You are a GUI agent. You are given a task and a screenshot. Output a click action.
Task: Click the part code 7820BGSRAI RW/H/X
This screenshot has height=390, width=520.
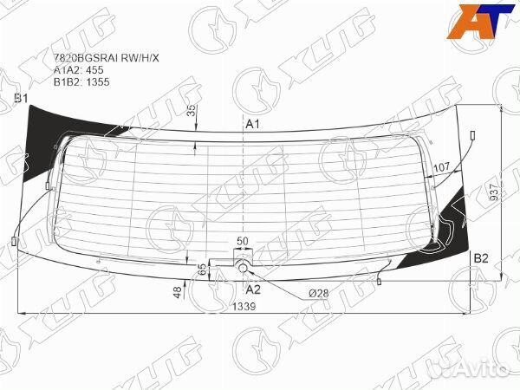pyautogui.click(x=107, y=58)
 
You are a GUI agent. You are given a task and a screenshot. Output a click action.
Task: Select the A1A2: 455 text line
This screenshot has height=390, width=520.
pyautogui.click(x=79, y=70)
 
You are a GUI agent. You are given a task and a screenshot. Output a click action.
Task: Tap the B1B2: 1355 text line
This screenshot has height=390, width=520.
pyautogui.click(x=81, y=82)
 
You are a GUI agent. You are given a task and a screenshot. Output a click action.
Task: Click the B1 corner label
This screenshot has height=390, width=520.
pyautogui.click(x=21, y=99)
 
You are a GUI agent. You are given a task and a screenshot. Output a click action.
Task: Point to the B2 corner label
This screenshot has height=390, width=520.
pyautogui.click(x=481, y=258)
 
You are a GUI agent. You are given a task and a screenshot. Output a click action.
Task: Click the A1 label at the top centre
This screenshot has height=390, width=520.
pyautogui.click(x=252, y=124)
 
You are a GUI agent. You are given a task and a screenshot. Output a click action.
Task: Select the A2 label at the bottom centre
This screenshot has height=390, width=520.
pyautogui.click(x=253, y=289)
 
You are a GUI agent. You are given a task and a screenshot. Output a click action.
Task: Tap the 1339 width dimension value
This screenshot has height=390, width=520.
pyautogui.click(x=244, y=307)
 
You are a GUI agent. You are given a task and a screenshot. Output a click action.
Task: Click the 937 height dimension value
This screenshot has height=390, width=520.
pyautogui.click(x=494, y=192)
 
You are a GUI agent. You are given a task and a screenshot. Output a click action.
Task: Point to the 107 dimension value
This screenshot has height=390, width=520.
pyautogui.click(x=442, y=167)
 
